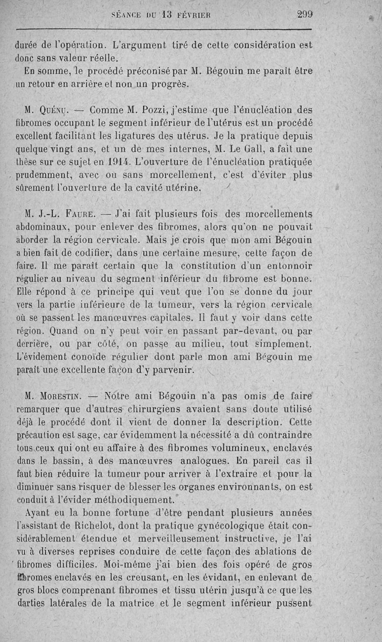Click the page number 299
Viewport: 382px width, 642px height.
click(305, 14)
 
